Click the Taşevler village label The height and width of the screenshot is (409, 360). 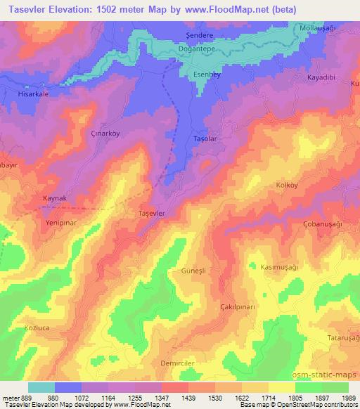[x=152, y=213]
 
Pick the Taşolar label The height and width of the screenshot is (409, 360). [x=205, y=139]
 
